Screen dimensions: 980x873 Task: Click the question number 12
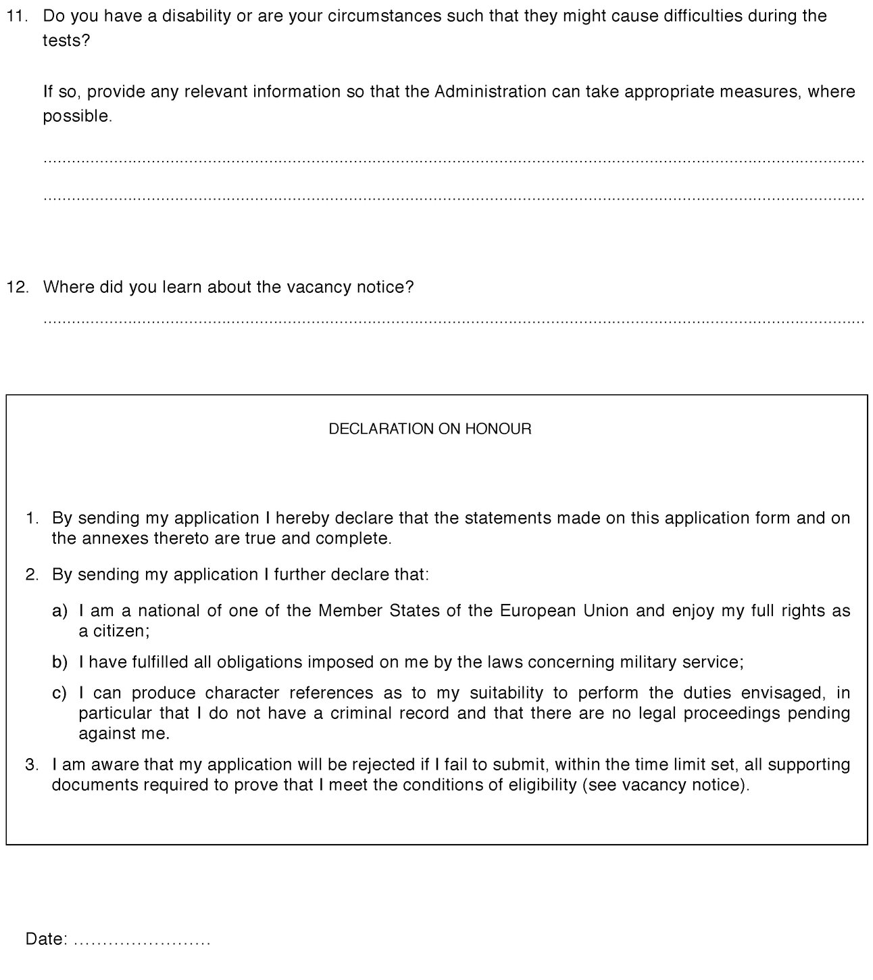click(18, 287)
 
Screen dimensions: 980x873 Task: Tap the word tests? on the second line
click(66, 41)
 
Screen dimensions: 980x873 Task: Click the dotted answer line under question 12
click(453, 322)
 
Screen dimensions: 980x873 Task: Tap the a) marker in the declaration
click(60, 611)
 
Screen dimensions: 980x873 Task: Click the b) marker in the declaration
click(60, 662)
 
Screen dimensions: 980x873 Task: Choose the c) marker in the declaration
click(60, 693)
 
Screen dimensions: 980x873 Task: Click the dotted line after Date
click(142, 941)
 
